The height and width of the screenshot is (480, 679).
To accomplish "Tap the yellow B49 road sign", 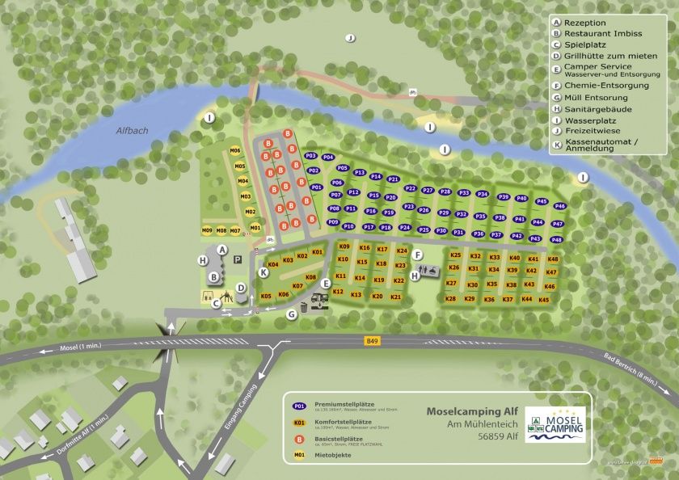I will click(x=371, y=341).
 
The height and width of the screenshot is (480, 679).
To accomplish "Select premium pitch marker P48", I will click(x=556, y=240).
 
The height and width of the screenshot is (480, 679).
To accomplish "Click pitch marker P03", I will click(x=311, y=155).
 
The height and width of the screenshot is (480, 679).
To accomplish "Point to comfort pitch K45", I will click(x=544, y=300).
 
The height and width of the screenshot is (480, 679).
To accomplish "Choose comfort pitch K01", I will click(x=318, y=252).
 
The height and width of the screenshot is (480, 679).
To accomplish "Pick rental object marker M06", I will click(x=234, y=150).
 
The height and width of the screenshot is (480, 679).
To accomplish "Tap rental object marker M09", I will click(x=207, y=231).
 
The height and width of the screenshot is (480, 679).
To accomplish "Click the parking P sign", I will click(x=238, y=260).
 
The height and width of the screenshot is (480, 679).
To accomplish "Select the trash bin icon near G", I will click(x=304, y=307).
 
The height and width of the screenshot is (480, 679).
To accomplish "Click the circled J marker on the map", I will click(x=350, y=37).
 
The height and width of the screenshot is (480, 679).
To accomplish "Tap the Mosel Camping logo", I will click(x=555, y=423).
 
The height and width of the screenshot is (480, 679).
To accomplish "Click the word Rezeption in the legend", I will click(x=584, y=23).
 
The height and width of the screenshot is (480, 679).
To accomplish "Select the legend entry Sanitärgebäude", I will click(x=597, y=109).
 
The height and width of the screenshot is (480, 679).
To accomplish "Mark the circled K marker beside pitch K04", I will click(x=264, y=273).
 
